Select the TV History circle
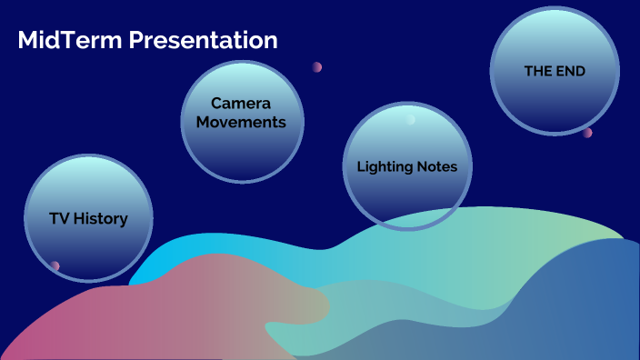pos(88,218)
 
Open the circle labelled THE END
pos(555,71)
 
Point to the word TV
pos(60,218)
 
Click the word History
pos(101,218)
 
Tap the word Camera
pos(242,104)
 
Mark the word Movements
pos(242,122)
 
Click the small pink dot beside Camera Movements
pos(317,67)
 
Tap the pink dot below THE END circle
pos(587,133)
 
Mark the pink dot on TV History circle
pos(55,265)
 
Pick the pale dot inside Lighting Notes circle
pos(411,120)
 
